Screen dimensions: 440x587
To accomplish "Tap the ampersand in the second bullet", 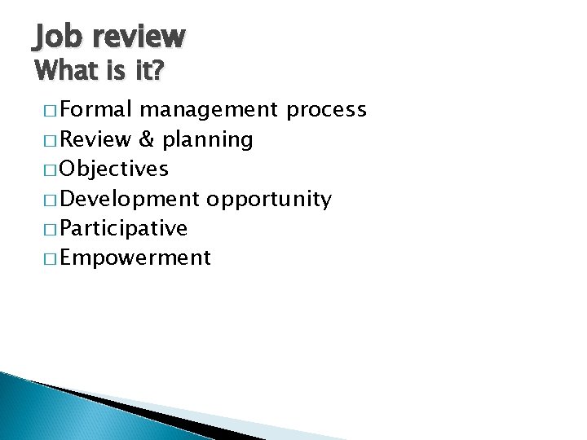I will pyautogui.click(x=147, y=139).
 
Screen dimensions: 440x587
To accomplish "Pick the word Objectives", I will pyautogui.click(x=114, y=169).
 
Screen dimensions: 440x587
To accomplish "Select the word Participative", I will pyautogui.click(x=124, y=229).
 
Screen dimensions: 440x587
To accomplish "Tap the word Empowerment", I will pyautogui.click(x=135, y=259).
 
